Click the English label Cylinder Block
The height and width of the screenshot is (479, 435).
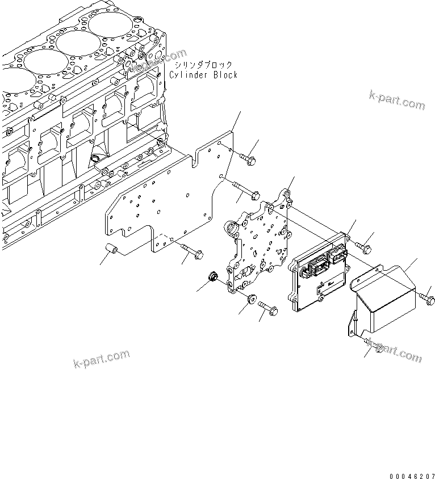pos(203,75)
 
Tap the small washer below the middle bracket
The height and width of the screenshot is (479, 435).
pos(252,298)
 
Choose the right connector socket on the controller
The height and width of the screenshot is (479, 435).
pos(338,257)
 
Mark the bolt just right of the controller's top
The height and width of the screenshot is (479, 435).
pos(365,247)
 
